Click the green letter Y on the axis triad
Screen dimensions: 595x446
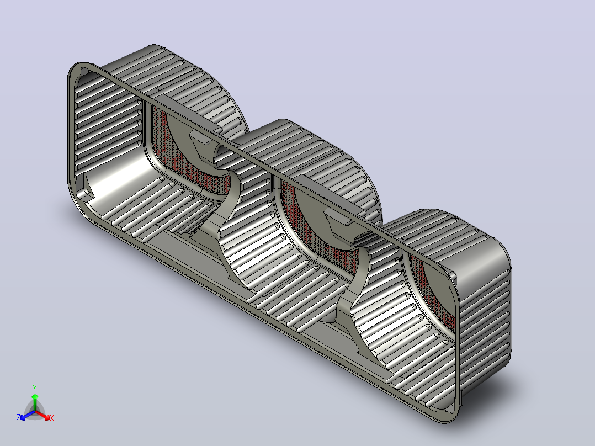[x=35, y=388]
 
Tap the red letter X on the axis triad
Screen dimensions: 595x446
[x=52, y=418]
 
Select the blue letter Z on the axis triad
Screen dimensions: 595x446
[x=18, y=417]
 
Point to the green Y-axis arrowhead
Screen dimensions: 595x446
[x=35, y=396]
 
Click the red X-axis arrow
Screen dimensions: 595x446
[x=42, y=415]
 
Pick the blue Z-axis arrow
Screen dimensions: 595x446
[x=28, y=415]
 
